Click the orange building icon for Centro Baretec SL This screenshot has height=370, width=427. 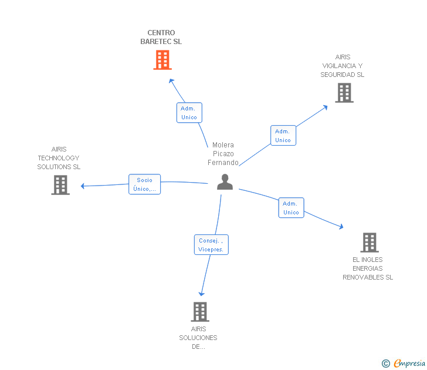click(x=162, y=60)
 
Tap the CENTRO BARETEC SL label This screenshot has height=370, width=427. click(x=161, y=37)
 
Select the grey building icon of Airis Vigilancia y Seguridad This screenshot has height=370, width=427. click(x=344, y=93)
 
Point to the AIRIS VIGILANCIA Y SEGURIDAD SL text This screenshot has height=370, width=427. click(x=342, y=66)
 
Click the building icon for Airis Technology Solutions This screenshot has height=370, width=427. click(x=60, y=185)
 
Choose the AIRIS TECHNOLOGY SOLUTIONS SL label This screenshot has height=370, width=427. click(x=59, y=158)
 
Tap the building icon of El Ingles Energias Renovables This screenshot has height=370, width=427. click(x=369, y=242)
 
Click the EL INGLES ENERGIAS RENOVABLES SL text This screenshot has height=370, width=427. click(x=368, y=268)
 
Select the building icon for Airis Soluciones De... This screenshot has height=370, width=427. click(x=200, y=311)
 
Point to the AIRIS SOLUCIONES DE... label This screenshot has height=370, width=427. click(x=198, y=338)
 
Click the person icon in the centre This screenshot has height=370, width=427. click(x=225, y=182)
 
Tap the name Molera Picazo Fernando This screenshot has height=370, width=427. click(x=223, y=154)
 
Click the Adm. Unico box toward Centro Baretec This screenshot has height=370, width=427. click(x=189, y=112)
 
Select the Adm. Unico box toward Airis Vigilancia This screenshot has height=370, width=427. click(x=283, y=135)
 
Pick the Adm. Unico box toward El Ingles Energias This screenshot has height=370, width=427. click(x=291, y=208)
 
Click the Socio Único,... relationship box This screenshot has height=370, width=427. click(x=144, y=184)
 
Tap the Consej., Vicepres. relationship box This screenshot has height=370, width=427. click(x=211, y=244)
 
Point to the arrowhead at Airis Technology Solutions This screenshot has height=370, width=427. click(x=83, y=186)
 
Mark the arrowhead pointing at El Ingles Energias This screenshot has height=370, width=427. click(x=341, y=226)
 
